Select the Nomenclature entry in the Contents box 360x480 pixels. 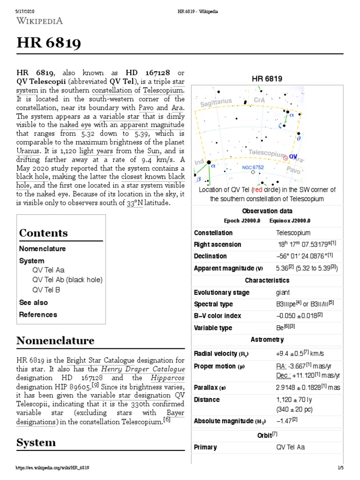[42, 248]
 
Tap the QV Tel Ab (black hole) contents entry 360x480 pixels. [67, 280]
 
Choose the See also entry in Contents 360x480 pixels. [33, 302]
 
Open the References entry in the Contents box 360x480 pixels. [38, 315]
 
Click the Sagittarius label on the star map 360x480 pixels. [217, 102]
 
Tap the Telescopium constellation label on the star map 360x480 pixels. [266, 153]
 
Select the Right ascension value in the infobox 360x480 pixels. [306, 244]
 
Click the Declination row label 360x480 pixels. [210, 256]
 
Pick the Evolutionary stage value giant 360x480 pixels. [283, 292]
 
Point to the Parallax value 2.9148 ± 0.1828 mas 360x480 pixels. [308, 388]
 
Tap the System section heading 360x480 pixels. [36, 442]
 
